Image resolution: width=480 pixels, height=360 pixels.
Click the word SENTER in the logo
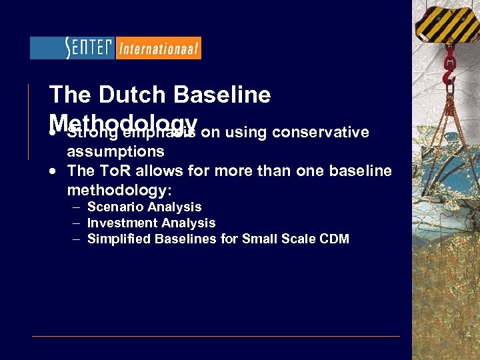(x=89, y=47)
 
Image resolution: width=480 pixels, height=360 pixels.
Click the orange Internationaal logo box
(x=159, y=48)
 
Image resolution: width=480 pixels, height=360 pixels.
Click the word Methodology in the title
(x=123, y=122)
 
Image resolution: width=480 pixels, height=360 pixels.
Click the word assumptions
(x=115, y=151)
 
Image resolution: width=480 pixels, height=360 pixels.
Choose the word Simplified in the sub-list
(x=119, y=239)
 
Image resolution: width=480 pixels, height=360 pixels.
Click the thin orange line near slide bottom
(x=217, y=336)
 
